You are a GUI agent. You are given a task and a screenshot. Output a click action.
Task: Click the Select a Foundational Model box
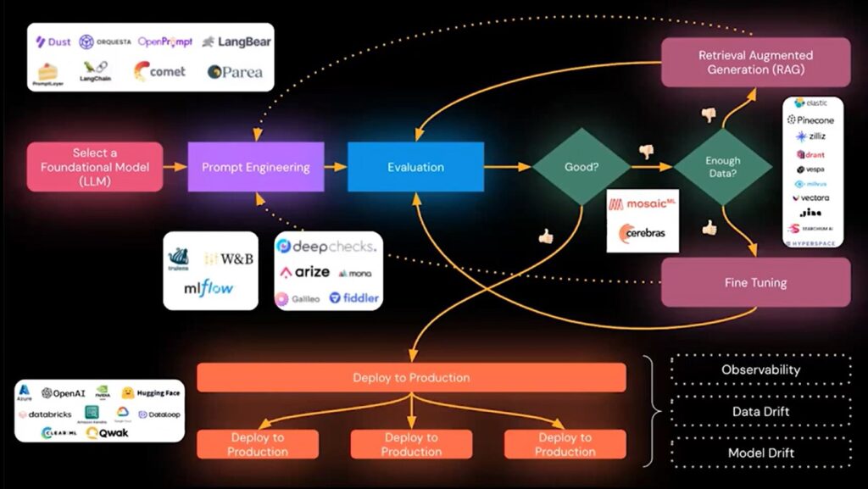95,167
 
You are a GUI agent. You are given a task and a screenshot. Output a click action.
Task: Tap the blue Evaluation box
415,167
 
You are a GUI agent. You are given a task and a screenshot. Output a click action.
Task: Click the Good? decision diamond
581,167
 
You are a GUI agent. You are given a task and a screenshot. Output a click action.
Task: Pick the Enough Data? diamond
722,167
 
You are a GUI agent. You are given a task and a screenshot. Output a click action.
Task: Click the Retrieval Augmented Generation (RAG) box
754,62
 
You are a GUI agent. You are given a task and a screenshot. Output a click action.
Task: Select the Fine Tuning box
754,282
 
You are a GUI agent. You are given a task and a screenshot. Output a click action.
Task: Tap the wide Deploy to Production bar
411,377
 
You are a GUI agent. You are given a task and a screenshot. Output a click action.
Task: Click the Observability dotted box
760,370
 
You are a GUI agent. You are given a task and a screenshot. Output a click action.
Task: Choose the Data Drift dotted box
760,411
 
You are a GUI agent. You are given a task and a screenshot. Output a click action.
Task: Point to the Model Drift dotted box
760,453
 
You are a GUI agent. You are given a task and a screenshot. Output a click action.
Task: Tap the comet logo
159,72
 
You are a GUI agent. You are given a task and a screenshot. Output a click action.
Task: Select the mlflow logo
209,289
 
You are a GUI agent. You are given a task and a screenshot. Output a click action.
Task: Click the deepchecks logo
329,247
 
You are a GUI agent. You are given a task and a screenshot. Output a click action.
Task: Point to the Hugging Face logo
152,393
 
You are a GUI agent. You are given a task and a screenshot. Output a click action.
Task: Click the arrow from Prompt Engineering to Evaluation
336,167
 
